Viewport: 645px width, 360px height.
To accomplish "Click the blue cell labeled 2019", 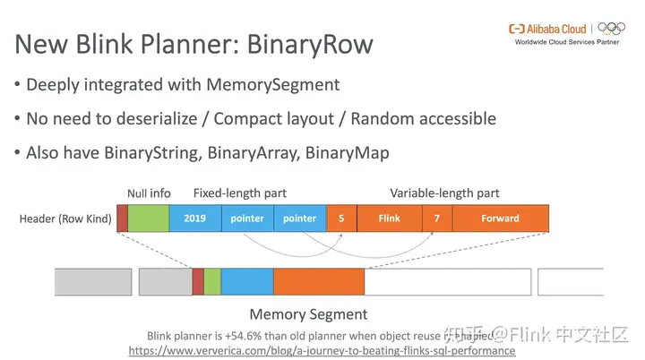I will pos(194,219).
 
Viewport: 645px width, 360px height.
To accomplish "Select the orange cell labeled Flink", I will pos(389,219).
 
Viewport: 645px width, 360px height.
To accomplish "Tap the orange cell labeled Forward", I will pos(500,219).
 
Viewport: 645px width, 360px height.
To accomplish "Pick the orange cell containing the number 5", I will pos(341,219).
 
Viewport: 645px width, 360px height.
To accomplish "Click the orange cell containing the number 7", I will pos(436,219).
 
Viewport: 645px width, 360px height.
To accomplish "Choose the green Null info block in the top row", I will pos(148,219).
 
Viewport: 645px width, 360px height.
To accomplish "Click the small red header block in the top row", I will pos(123,219).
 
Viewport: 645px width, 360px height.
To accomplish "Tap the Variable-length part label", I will pos(444,193).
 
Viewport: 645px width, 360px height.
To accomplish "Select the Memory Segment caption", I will pos(307,314).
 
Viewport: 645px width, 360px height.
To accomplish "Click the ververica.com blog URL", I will pos(322,351).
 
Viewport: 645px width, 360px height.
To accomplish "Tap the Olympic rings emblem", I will pos(612,29).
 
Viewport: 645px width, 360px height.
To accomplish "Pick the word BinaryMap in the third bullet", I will pos(348,153).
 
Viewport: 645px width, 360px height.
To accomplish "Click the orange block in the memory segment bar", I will pos(319,281).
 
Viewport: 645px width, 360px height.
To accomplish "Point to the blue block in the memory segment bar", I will pos(246,281).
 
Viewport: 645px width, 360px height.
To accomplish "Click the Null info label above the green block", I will pos(149,193).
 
